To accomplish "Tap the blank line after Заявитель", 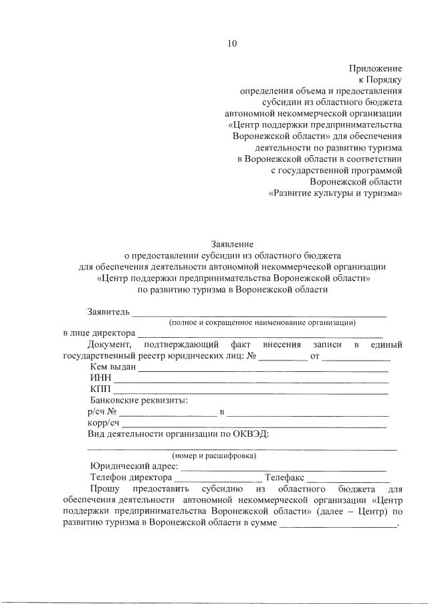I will (x=259, y=314).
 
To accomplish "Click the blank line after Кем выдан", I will (x=263, y=369).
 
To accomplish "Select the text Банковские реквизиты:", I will (x=138, y=400).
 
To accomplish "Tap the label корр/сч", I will (x=104, y=423).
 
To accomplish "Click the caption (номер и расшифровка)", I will (x=213, y=456).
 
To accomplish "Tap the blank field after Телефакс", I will (x=348, y=479).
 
